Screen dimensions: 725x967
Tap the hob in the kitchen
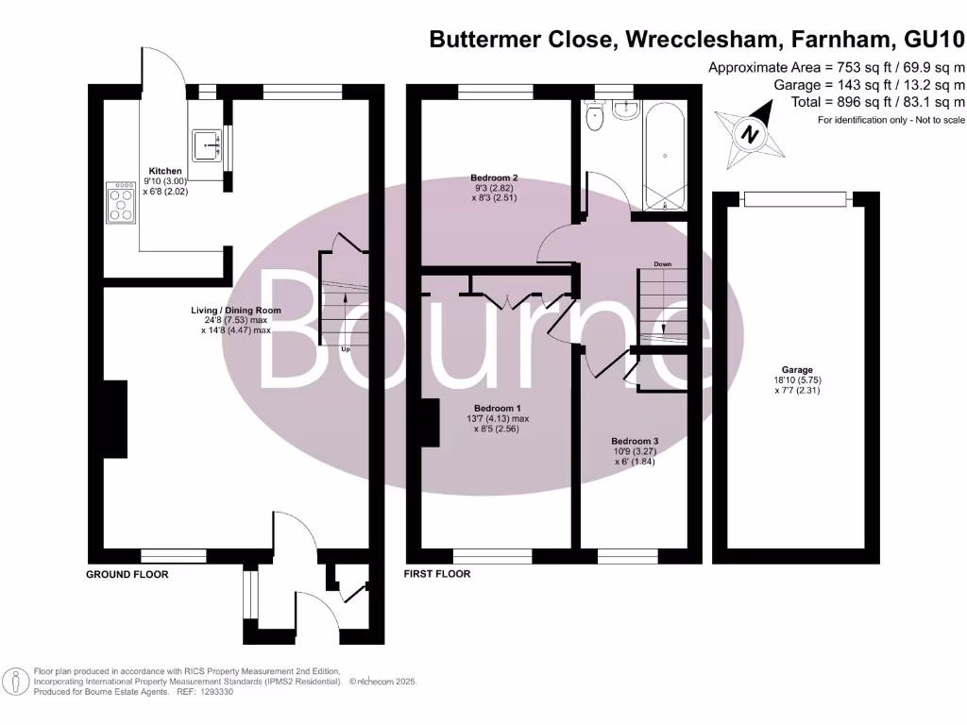click(121, 201)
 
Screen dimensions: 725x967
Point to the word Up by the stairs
click(346, 349)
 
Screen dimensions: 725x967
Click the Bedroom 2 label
click(495, 177)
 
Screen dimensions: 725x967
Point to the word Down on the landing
click(662, 263)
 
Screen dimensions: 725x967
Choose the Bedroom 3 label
click(635, 441)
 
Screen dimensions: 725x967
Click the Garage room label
click(797, 370)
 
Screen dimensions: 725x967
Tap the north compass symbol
click(751, 135)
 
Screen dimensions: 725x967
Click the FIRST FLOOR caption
click(436, 573)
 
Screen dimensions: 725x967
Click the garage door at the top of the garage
click(797, 198)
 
